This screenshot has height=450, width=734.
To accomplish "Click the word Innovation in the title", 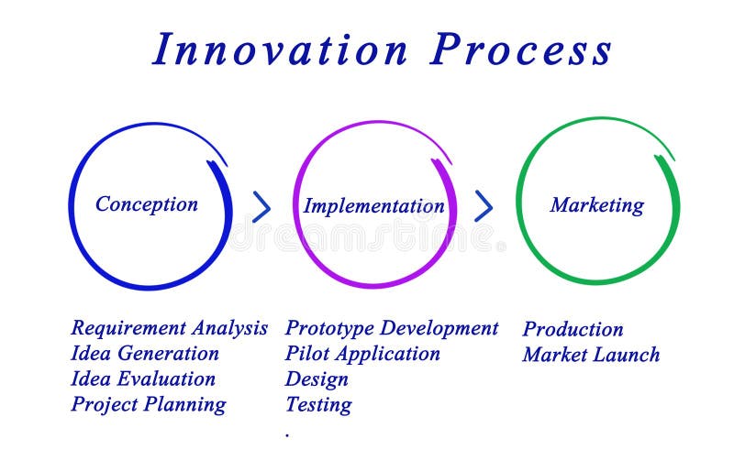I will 280,49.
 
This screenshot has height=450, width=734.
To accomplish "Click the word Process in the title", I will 521,49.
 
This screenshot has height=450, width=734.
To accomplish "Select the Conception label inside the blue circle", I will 147,204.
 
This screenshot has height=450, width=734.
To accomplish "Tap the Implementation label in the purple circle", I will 374,206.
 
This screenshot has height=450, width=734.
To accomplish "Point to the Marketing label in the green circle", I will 596,205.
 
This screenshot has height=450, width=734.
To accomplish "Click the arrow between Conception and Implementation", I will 261,207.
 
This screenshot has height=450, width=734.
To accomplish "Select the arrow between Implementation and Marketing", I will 484,206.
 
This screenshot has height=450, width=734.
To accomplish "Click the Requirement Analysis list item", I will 170,328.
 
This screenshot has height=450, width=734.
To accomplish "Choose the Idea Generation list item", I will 145,354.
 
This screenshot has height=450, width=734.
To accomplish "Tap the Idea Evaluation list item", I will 143,379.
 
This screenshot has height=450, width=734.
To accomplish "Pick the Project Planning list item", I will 148,404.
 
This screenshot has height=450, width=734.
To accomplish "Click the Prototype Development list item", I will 392,328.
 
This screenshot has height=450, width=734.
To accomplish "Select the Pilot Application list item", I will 362,354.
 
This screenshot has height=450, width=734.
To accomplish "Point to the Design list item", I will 317,379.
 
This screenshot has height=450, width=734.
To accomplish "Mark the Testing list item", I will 318,404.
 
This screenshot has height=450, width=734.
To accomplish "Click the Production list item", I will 573,329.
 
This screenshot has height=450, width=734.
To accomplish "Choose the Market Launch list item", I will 591,355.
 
